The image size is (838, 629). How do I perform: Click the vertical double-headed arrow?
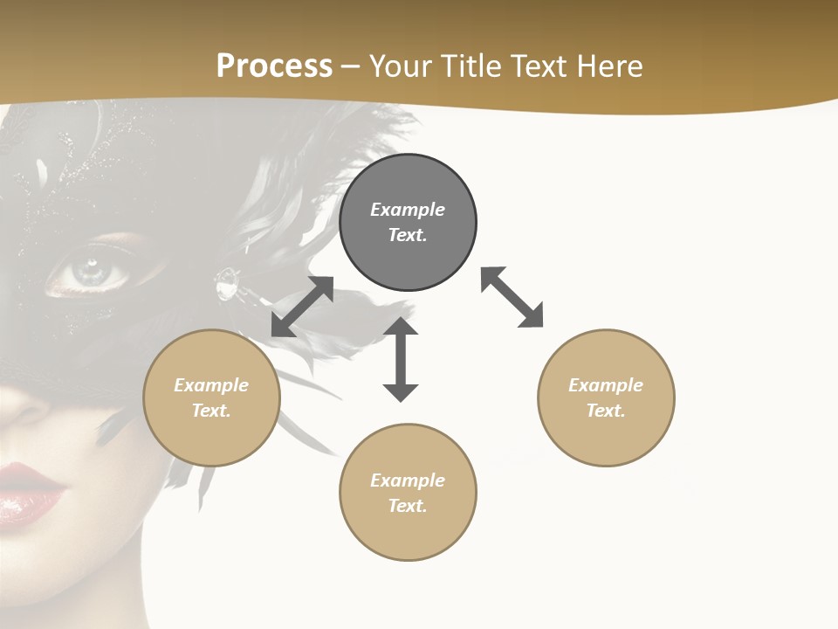click(401, 359)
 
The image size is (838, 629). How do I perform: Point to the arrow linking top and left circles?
click(302, 307)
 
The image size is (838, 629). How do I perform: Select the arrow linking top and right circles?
click(512, 297)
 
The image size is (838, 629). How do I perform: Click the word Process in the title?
click(274, 66)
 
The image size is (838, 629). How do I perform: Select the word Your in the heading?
click(401, 66)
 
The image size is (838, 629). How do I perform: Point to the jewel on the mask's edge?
click(228, 283)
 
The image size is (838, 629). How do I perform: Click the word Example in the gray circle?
click(408, 210)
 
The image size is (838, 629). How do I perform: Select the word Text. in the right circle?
click(606, 411)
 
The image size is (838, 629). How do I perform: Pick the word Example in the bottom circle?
click(408, 480)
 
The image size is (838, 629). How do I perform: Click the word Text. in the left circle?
click(211, 411)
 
